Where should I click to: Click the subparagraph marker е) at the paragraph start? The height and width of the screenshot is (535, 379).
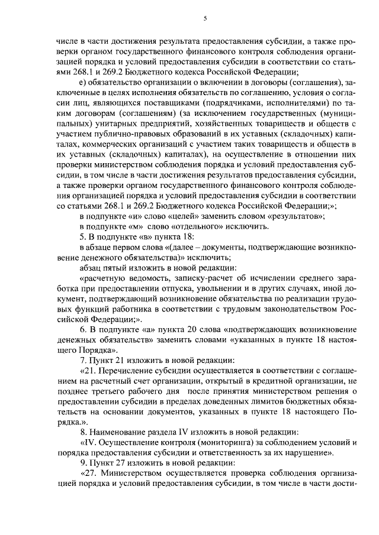coord(82,82)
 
